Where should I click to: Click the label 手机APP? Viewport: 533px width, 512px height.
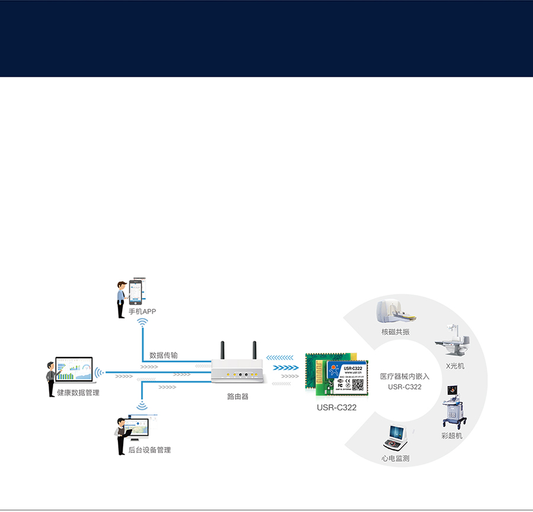[x=142, y=311]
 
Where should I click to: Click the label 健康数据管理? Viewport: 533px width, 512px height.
[x=78, y=393]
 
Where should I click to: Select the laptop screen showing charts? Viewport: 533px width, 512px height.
[x=74, y=370]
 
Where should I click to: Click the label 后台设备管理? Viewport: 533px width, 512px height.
[x=149, y=450]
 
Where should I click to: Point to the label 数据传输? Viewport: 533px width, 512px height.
[x=163, y=355]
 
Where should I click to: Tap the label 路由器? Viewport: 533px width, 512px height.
[x=237, y=397]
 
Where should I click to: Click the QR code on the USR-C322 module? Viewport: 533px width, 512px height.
[x=358, y=385]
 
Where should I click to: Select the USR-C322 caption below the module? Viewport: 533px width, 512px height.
[x=336, y=407]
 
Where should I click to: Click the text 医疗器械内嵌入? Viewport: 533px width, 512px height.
[x=404, y=376]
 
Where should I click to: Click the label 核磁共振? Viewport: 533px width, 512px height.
[x=395, y=332]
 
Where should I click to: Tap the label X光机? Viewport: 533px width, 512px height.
[x=455, y=366]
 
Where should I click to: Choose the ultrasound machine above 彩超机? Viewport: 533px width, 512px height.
[x=454, y=406]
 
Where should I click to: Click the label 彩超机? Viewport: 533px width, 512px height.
[x=452, y=436]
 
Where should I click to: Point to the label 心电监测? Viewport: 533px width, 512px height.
[x=395, y=458]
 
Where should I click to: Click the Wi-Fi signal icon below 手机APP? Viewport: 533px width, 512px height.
[x=142, y=323]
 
